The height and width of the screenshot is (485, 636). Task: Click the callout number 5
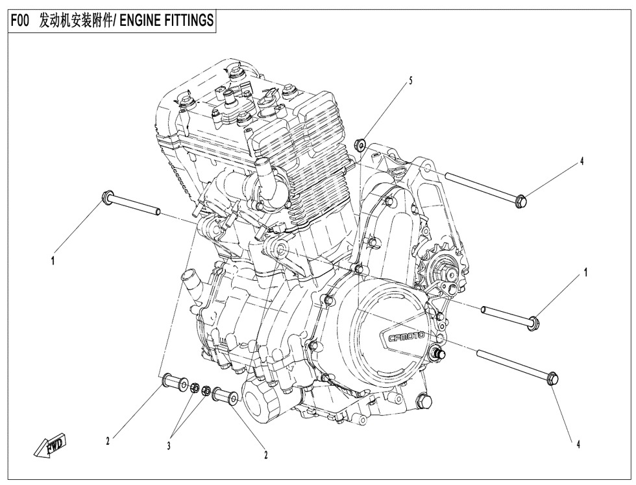coord(410,81)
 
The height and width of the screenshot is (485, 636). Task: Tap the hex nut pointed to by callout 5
coord(361,143)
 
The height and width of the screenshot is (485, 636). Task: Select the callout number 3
coord(169,445)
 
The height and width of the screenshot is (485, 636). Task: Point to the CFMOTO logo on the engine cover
coord(406,337)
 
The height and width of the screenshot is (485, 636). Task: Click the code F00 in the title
coord(21,21)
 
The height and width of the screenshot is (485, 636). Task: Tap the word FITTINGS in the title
coord(188,21)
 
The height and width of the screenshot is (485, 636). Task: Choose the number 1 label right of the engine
coord(585,273)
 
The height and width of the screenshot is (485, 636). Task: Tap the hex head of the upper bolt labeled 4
coord(520,202)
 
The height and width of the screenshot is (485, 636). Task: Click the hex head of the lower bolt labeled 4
coord(552,379)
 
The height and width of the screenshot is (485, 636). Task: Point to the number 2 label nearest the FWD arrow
coord(108,442)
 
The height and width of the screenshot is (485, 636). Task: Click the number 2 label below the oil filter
coord(265,455)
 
